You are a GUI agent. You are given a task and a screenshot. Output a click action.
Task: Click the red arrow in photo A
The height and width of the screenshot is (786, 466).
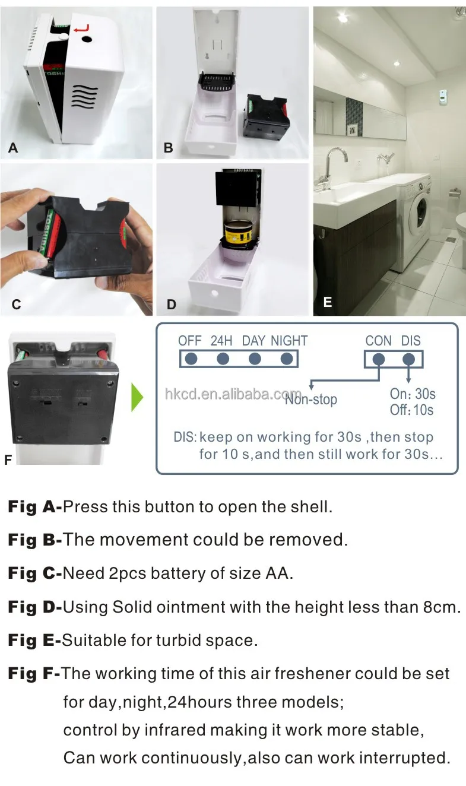[83, 28]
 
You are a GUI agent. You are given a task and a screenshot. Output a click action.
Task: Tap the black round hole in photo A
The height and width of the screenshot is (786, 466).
[87, 38]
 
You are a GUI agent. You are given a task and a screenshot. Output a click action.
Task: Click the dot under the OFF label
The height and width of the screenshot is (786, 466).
[191, 359]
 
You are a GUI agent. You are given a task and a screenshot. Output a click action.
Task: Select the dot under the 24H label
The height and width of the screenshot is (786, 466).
[223, 359]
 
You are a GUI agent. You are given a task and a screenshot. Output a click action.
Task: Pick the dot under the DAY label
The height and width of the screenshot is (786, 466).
[255, 359]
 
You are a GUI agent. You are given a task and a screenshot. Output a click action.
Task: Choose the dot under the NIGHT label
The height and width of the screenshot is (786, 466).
[287, 359]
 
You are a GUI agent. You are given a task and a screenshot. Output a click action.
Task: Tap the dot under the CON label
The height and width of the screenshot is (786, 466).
[379, 359]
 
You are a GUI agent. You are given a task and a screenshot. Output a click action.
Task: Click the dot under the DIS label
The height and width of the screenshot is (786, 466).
[409, 359]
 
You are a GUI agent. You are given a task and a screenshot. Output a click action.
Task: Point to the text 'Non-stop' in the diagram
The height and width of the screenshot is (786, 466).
[311, 400]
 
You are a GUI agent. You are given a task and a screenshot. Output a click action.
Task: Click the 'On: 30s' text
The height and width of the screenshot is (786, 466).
[413, 394]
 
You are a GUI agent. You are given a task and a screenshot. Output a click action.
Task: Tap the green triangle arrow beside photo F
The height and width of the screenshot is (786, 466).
[137, 397]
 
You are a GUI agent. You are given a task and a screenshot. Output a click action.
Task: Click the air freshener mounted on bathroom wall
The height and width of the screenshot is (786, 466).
[443, 94]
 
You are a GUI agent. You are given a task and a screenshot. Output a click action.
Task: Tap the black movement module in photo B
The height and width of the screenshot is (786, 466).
[267, 116]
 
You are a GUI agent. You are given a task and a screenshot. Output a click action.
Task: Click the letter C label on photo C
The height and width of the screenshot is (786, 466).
[16, 304]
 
